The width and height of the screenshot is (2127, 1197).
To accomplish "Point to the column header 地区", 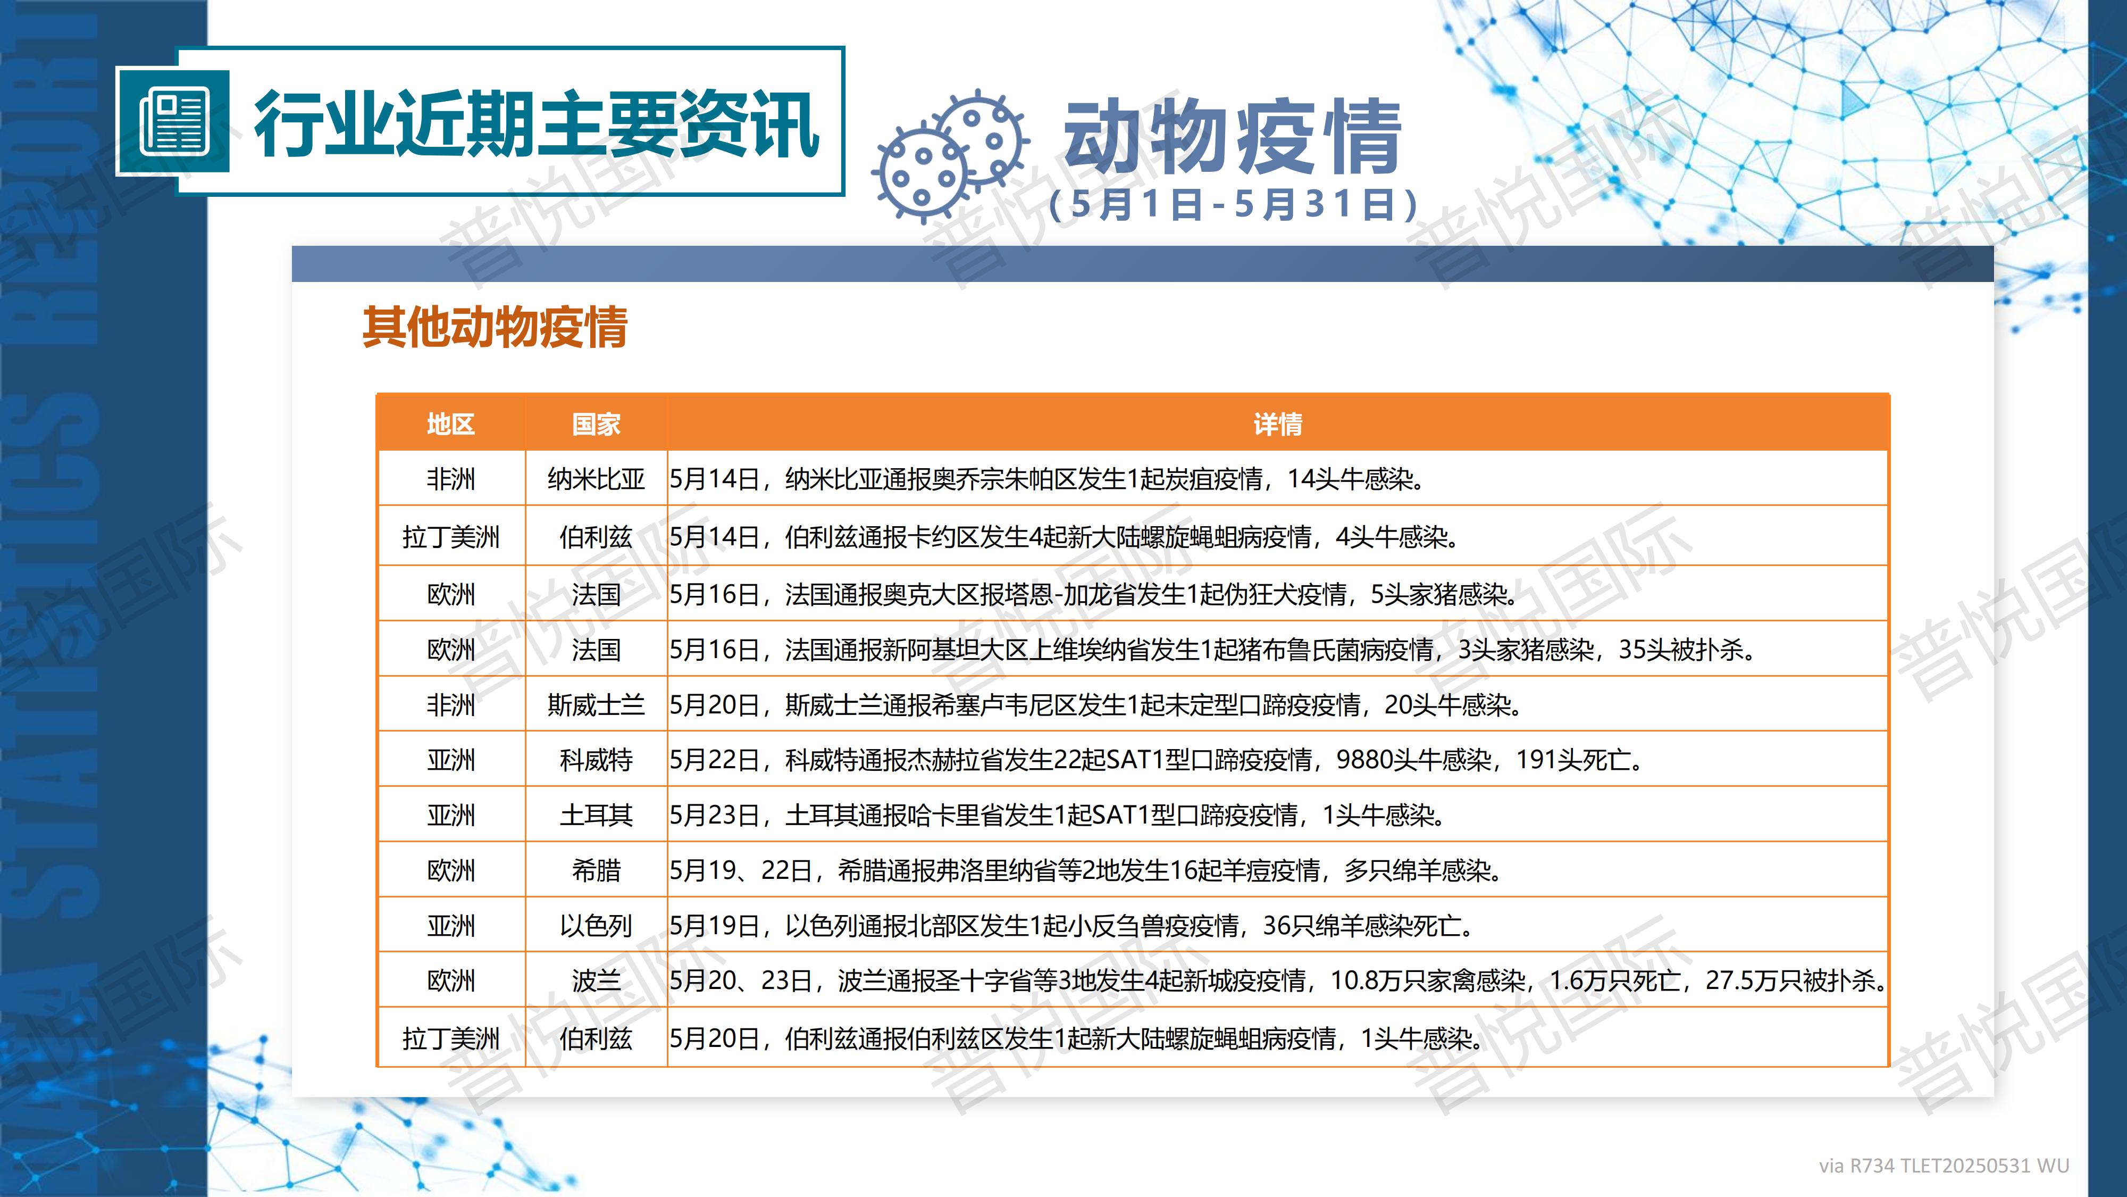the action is tap(451, 424).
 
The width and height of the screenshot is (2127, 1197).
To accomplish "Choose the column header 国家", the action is tap(596, 424).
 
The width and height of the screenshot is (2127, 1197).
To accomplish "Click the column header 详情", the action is tap(1277, 424).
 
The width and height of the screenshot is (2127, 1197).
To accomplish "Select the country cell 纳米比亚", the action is tap(596, 479).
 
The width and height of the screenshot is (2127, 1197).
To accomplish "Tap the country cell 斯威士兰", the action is tap(596, 705).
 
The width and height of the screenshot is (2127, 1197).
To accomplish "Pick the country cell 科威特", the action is tap(596, 760).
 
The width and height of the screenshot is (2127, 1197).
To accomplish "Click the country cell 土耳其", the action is tap(596, 816).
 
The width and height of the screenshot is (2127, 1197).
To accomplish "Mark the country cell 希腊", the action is tap(596, 870).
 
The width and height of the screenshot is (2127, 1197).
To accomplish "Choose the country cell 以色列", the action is tap(596, 925).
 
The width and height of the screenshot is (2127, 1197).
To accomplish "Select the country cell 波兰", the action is tap(596, 980).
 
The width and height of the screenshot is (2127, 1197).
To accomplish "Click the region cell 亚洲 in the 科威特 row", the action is tap(451, 760).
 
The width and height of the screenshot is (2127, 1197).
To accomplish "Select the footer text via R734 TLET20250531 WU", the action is tap(1944, 1166).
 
